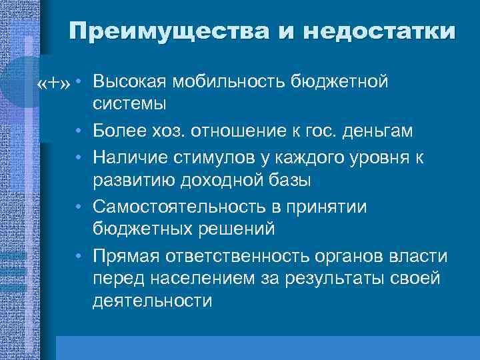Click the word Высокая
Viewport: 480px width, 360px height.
[129, 82]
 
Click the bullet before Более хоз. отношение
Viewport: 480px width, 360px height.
[79, 131]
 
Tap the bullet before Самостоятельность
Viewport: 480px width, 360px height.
[79, 206]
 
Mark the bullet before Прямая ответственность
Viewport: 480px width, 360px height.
[79, 257]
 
